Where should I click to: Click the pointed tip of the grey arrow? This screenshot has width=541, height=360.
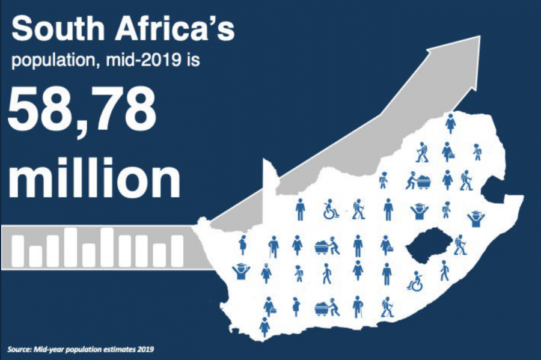coord(479,38)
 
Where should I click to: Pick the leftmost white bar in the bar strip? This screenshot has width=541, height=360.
coord(19,251)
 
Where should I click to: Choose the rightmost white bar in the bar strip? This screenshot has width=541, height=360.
coord(177,251)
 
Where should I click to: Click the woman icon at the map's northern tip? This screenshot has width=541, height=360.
coord(450,124)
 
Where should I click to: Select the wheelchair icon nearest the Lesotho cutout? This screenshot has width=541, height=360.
coord(415,281)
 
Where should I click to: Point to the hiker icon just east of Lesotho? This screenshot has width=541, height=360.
coord(460,245)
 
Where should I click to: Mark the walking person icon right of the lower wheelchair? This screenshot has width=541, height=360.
coord(444,270)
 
